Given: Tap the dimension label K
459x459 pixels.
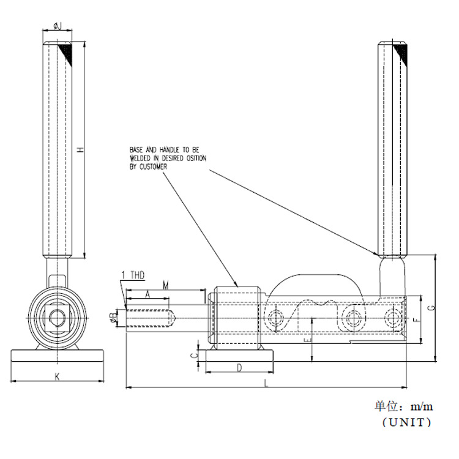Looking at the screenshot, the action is tap(58, 376).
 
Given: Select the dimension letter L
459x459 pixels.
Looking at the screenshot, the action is tap(266, 383).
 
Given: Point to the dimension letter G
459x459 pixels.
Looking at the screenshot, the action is tap(432, 307).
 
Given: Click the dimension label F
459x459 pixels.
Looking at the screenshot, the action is tap(417, 320).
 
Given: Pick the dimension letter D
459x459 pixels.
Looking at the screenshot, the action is tap(239, 368).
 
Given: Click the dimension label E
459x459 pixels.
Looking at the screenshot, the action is tap(308, 340).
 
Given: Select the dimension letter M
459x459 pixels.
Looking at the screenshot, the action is tap(166, 285).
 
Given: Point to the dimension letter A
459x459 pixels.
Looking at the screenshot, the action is tap(148, 294).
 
